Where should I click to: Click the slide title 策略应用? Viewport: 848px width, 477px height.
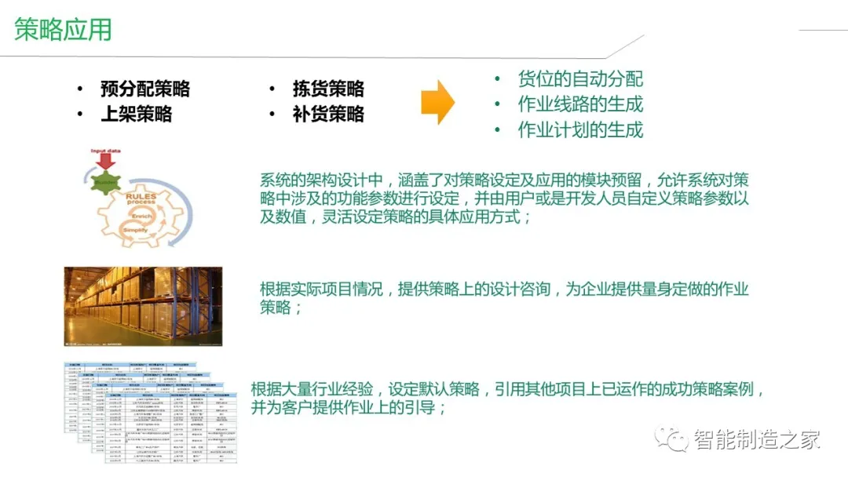click(x=64, y=30)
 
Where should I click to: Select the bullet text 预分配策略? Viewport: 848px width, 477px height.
click(x=145, y=89)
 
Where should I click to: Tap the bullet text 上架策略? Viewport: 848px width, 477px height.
click(x=136, y=114)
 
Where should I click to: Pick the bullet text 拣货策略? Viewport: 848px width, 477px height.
click(x=328, y=89)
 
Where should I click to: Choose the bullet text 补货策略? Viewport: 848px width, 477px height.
click(x=328, y=114)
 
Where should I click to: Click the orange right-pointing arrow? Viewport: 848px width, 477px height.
click(x=437, y=102)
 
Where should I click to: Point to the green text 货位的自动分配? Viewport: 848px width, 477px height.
click(x=580, y=78)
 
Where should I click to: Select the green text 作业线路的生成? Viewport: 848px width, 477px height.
click(x=580, y=104)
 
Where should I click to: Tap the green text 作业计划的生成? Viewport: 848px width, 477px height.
click(x=580, y=129)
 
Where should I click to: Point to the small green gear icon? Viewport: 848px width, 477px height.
click(x=104, y=181)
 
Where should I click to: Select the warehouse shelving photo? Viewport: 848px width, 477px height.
click(x=143, y=306)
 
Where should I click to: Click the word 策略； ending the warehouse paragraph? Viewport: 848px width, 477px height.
click(x=281, y=308)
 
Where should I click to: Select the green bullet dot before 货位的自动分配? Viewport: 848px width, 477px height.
click(x=496, y=79)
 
